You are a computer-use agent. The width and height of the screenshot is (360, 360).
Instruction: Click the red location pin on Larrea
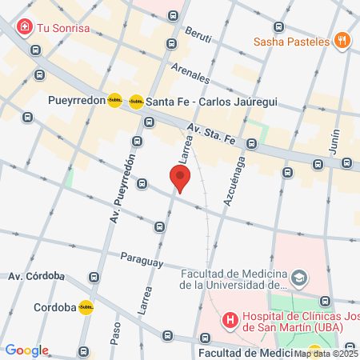[x=180, y=178]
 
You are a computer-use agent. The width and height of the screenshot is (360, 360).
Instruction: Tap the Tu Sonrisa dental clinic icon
[x=26, y=27]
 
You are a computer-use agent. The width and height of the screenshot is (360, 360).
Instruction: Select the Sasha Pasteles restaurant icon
[x=342, y=39]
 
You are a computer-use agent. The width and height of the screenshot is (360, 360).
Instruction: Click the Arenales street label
[x=190, y=73]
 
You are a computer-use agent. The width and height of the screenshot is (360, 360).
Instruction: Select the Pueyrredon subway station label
[x=77, y=101]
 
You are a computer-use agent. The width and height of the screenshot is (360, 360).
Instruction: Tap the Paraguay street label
[x=142, y=260]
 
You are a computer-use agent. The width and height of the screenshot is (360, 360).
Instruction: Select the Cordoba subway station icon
[x=85, y=306]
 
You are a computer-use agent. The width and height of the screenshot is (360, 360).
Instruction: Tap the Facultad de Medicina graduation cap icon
[x=299, y=278]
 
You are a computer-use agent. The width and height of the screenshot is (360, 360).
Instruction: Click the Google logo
[x=26, y=350]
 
